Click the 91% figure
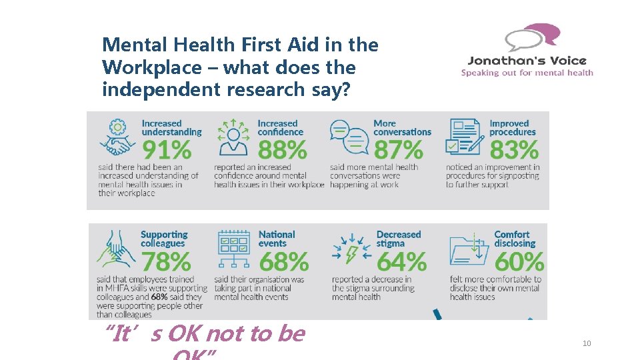point(166,149)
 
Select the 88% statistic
point(282,149)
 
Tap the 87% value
point(398,149)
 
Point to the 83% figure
point(514,149)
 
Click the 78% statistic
point(165,261)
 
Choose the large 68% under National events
point(283,261)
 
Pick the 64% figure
point(401,261)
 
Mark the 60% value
point(519,261)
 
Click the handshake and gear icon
point(117,137)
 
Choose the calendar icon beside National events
point(233,249)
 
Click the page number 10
point(587,343)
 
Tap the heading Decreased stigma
point(399,239)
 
